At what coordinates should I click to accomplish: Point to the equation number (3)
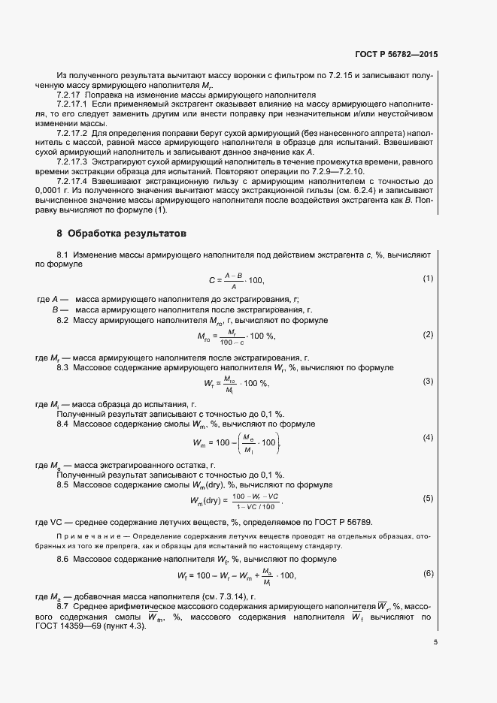click(x=429, y=382)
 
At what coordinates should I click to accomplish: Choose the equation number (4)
click(x=429, y=437)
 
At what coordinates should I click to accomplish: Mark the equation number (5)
click(x=429, y=498)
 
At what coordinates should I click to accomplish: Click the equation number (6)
click(x=429, y=574)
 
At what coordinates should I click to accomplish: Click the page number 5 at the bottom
click(x=435, y=641)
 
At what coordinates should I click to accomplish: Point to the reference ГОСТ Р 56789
click(x=343, y=522)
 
